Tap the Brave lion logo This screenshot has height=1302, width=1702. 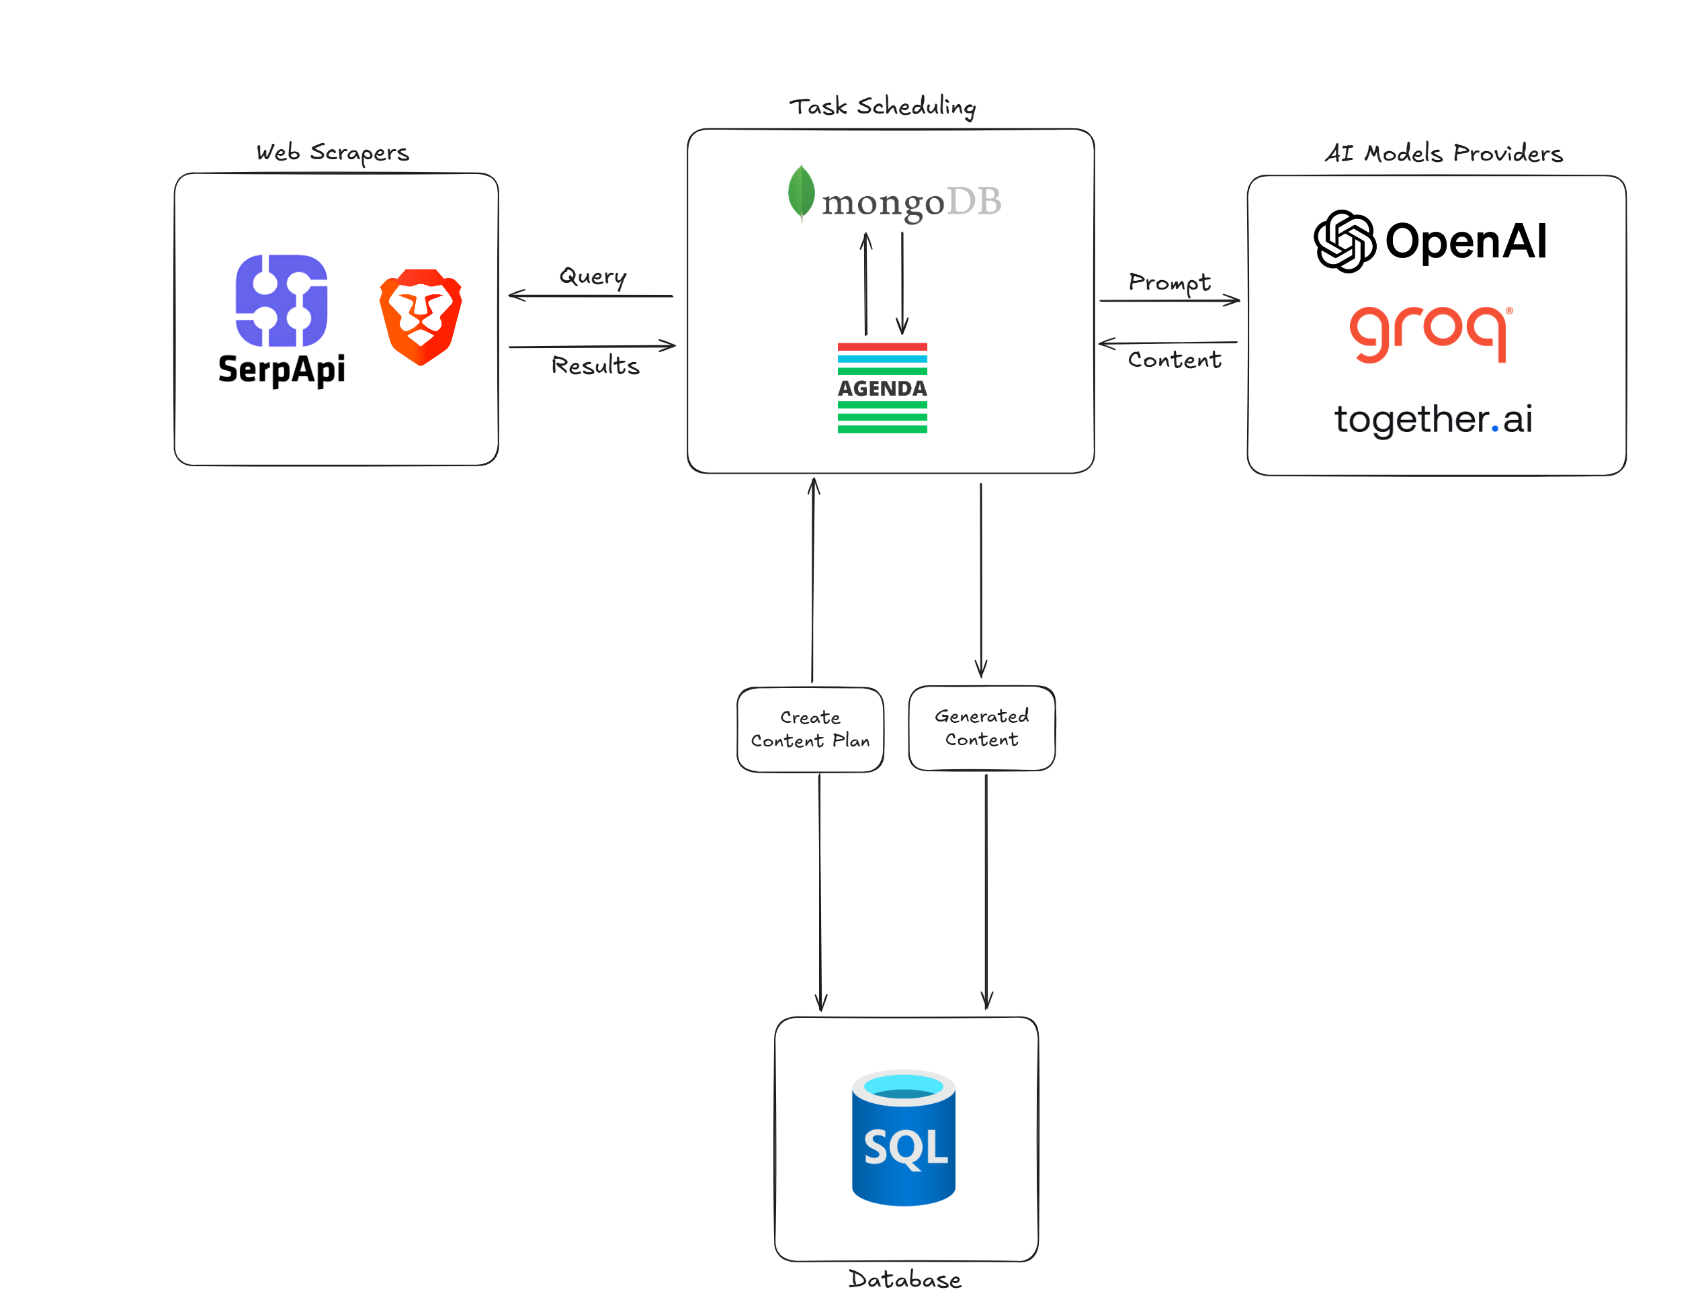[x=420, y=316]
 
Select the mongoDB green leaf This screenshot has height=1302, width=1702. [x=801, y=191]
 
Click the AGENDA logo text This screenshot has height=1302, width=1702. [x=882, y=388]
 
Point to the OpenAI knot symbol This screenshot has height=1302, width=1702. [x=1345, y=241]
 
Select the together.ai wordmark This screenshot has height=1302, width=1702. [x=1433, y=419]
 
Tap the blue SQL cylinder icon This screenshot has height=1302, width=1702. [x=903, y=1137]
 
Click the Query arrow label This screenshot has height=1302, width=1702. [x=593, y=276]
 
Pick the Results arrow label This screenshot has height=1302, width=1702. [x=595, y=365]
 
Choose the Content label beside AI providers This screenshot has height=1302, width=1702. [x=1174, y=359]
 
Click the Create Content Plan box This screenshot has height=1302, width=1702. [x=810, y=730]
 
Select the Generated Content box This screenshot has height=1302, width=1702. [x=981, y=728]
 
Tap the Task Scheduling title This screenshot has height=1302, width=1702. [x=882, y=106]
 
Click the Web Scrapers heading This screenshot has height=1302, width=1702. [x=333, y=153]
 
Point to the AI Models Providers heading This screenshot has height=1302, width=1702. [x=1443, y=153]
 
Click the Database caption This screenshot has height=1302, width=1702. [x=904, y=1280]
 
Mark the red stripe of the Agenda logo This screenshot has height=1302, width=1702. [x=882, y=347]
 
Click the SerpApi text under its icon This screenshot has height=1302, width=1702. [x=282, y=369]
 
